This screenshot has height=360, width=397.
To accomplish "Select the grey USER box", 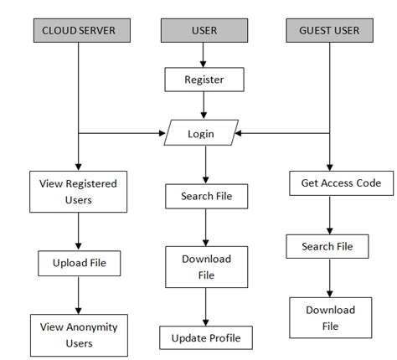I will pyautogui.click(x=204, y=31).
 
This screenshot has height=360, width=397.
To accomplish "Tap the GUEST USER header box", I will pyautogui.click(x=329, y=31).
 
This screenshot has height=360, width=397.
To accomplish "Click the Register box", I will pyautogui.click(x=204, y=80).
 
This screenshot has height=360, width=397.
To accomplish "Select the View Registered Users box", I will pyautogui.click(x=78, y=192).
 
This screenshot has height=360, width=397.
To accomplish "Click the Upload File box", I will pyautogui.click(x=78, y=264).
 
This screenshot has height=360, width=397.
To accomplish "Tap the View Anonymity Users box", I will pyautogui.click(x=78, y=335).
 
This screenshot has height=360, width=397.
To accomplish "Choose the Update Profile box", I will pyautogui.click(x=205, y=338).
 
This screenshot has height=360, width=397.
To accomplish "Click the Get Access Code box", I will pyautogui.click(x=329, y=183).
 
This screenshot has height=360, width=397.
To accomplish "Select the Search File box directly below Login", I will pyautogui.click(x=205, y=197).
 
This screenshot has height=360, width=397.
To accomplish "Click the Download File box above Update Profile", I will pyautogui.click(x=205, y=266).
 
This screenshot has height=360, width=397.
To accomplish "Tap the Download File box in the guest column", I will pyautogui.click(x=329, y=318).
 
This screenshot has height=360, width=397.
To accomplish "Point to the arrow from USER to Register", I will pyautogui.click(x=204, y=55).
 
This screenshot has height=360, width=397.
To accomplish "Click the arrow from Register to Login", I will pyautogui.click(x=204, y=106).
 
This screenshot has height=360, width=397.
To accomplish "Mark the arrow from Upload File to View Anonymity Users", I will pyautogui.click(x=78, y=296).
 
